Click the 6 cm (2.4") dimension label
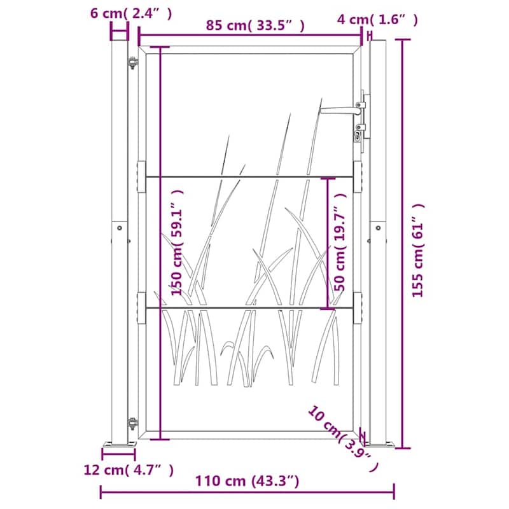[x=130, y=13]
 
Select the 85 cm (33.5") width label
[x=254, y=25]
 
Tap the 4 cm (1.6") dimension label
[x=377, y=20]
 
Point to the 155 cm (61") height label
[x=417, y=251]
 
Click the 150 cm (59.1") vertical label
[x=178, y=242]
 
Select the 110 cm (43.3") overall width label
[x=248, y=481]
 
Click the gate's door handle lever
[x=340, y=110]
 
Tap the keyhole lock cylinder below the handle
[x=359, y=135]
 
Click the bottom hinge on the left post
[x=132, y=422]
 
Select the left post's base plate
[x=119, y=447]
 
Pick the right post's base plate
[x=380, y=447]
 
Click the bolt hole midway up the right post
[x=378, y=227]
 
